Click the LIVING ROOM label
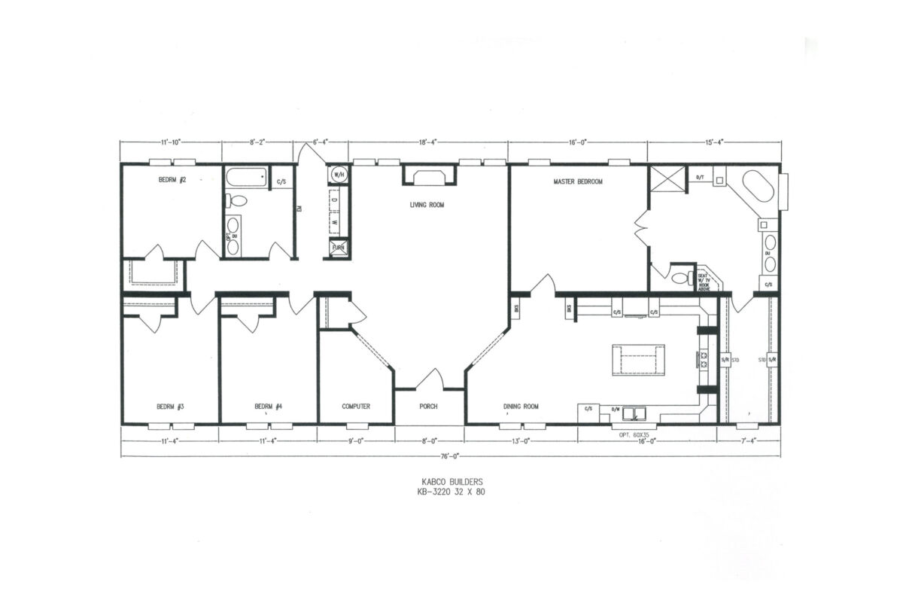(x=427, y=204)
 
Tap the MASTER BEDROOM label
(x=578, y=181)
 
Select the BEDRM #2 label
(x=172, y=180)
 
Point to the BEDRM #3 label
(x=171, y=407)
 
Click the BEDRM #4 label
(x=268, y=407)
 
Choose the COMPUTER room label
(x=356, y=407)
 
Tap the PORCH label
(x=430, y=407)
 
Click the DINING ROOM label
(x=521, y=407)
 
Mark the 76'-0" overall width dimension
(x=451, y=455)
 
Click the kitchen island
(x=638, y=359)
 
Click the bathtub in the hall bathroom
(x=246, y=180)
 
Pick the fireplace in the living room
(x=429, y=176)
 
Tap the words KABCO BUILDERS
(x=451, y=481)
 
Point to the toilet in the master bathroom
(x=683, y=277)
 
